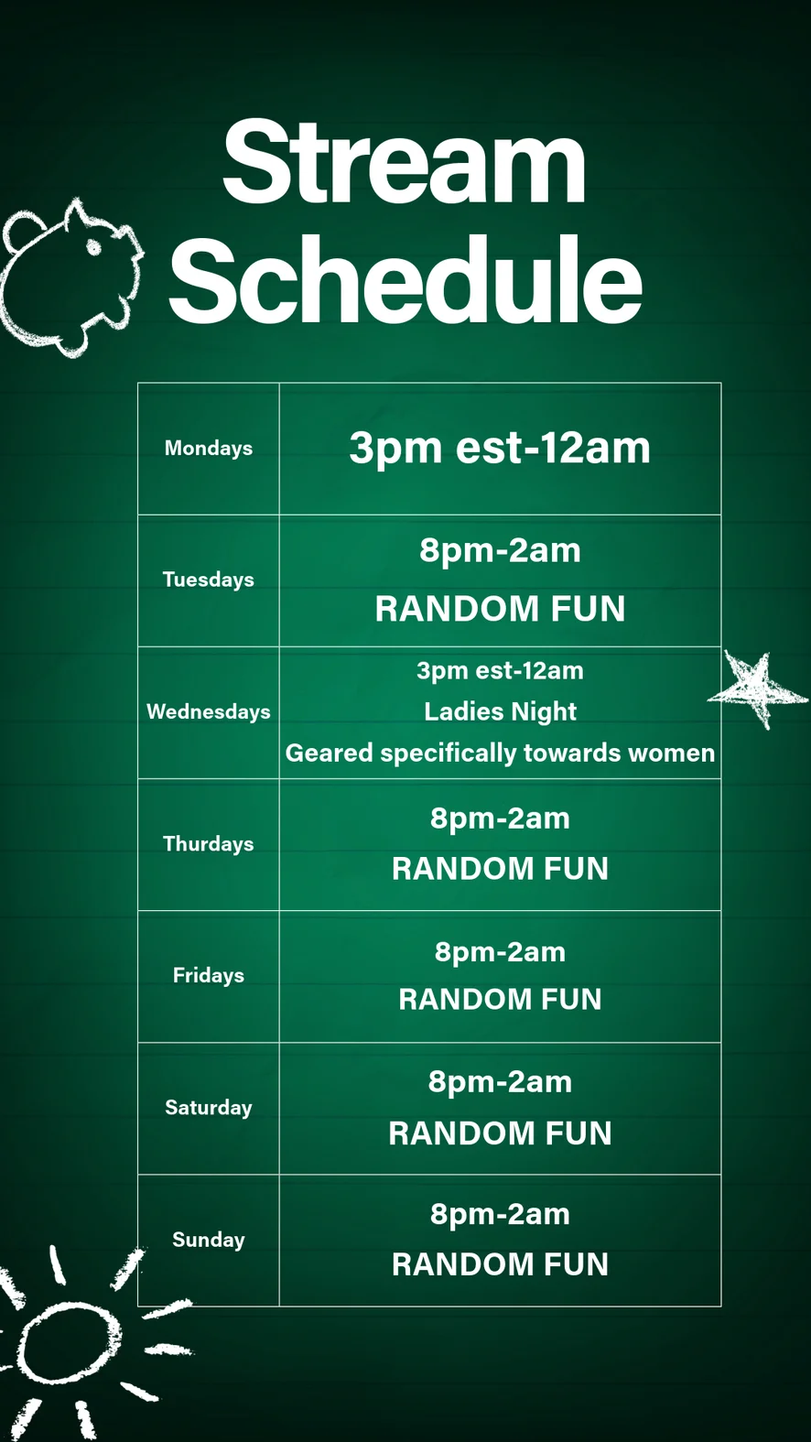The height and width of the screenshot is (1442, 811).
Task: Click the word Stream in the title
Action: click(405, 162)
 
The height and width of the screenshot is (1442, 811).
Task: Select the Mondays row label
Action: click(209, 448)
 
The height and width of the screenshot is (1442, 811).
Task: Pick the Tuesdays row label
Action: click(209, 580)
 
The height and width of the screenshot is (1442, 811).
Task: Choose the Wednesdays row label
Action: click(209, 711)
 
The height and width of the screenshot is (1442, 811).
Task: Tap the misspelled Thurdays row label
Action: click(209, 844)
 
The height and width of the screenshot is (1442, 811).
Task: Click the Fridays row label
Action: click(209, 975)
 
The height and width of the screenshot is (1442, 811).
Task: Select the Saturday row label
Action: click(209, 1107)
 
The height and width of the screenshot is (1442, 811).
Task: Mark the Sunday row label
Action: click(209, 1240)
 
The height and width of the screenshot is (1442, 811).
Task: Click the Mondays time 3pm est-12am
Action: click(500, 448)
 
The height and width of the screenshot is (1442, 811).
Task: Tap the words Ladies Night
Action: click(500, 712)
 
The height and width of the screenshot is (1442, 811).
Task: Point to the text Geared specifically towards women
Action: click(500, 754)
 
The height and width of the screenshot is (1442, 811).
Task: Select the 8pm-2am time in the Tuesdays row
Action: click(500, 551)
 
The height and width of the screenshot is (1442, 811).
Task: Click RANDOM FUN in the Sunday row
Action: click(500, 1264)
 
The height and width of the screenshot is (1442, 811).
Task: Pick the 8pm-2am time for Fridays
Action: click(500, 952)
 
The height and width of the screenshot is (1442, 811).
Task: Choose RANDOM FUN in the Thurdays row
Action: click(500, 869)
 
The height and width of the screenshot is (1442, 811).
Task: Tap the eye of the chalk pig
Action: click(94, 247)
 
